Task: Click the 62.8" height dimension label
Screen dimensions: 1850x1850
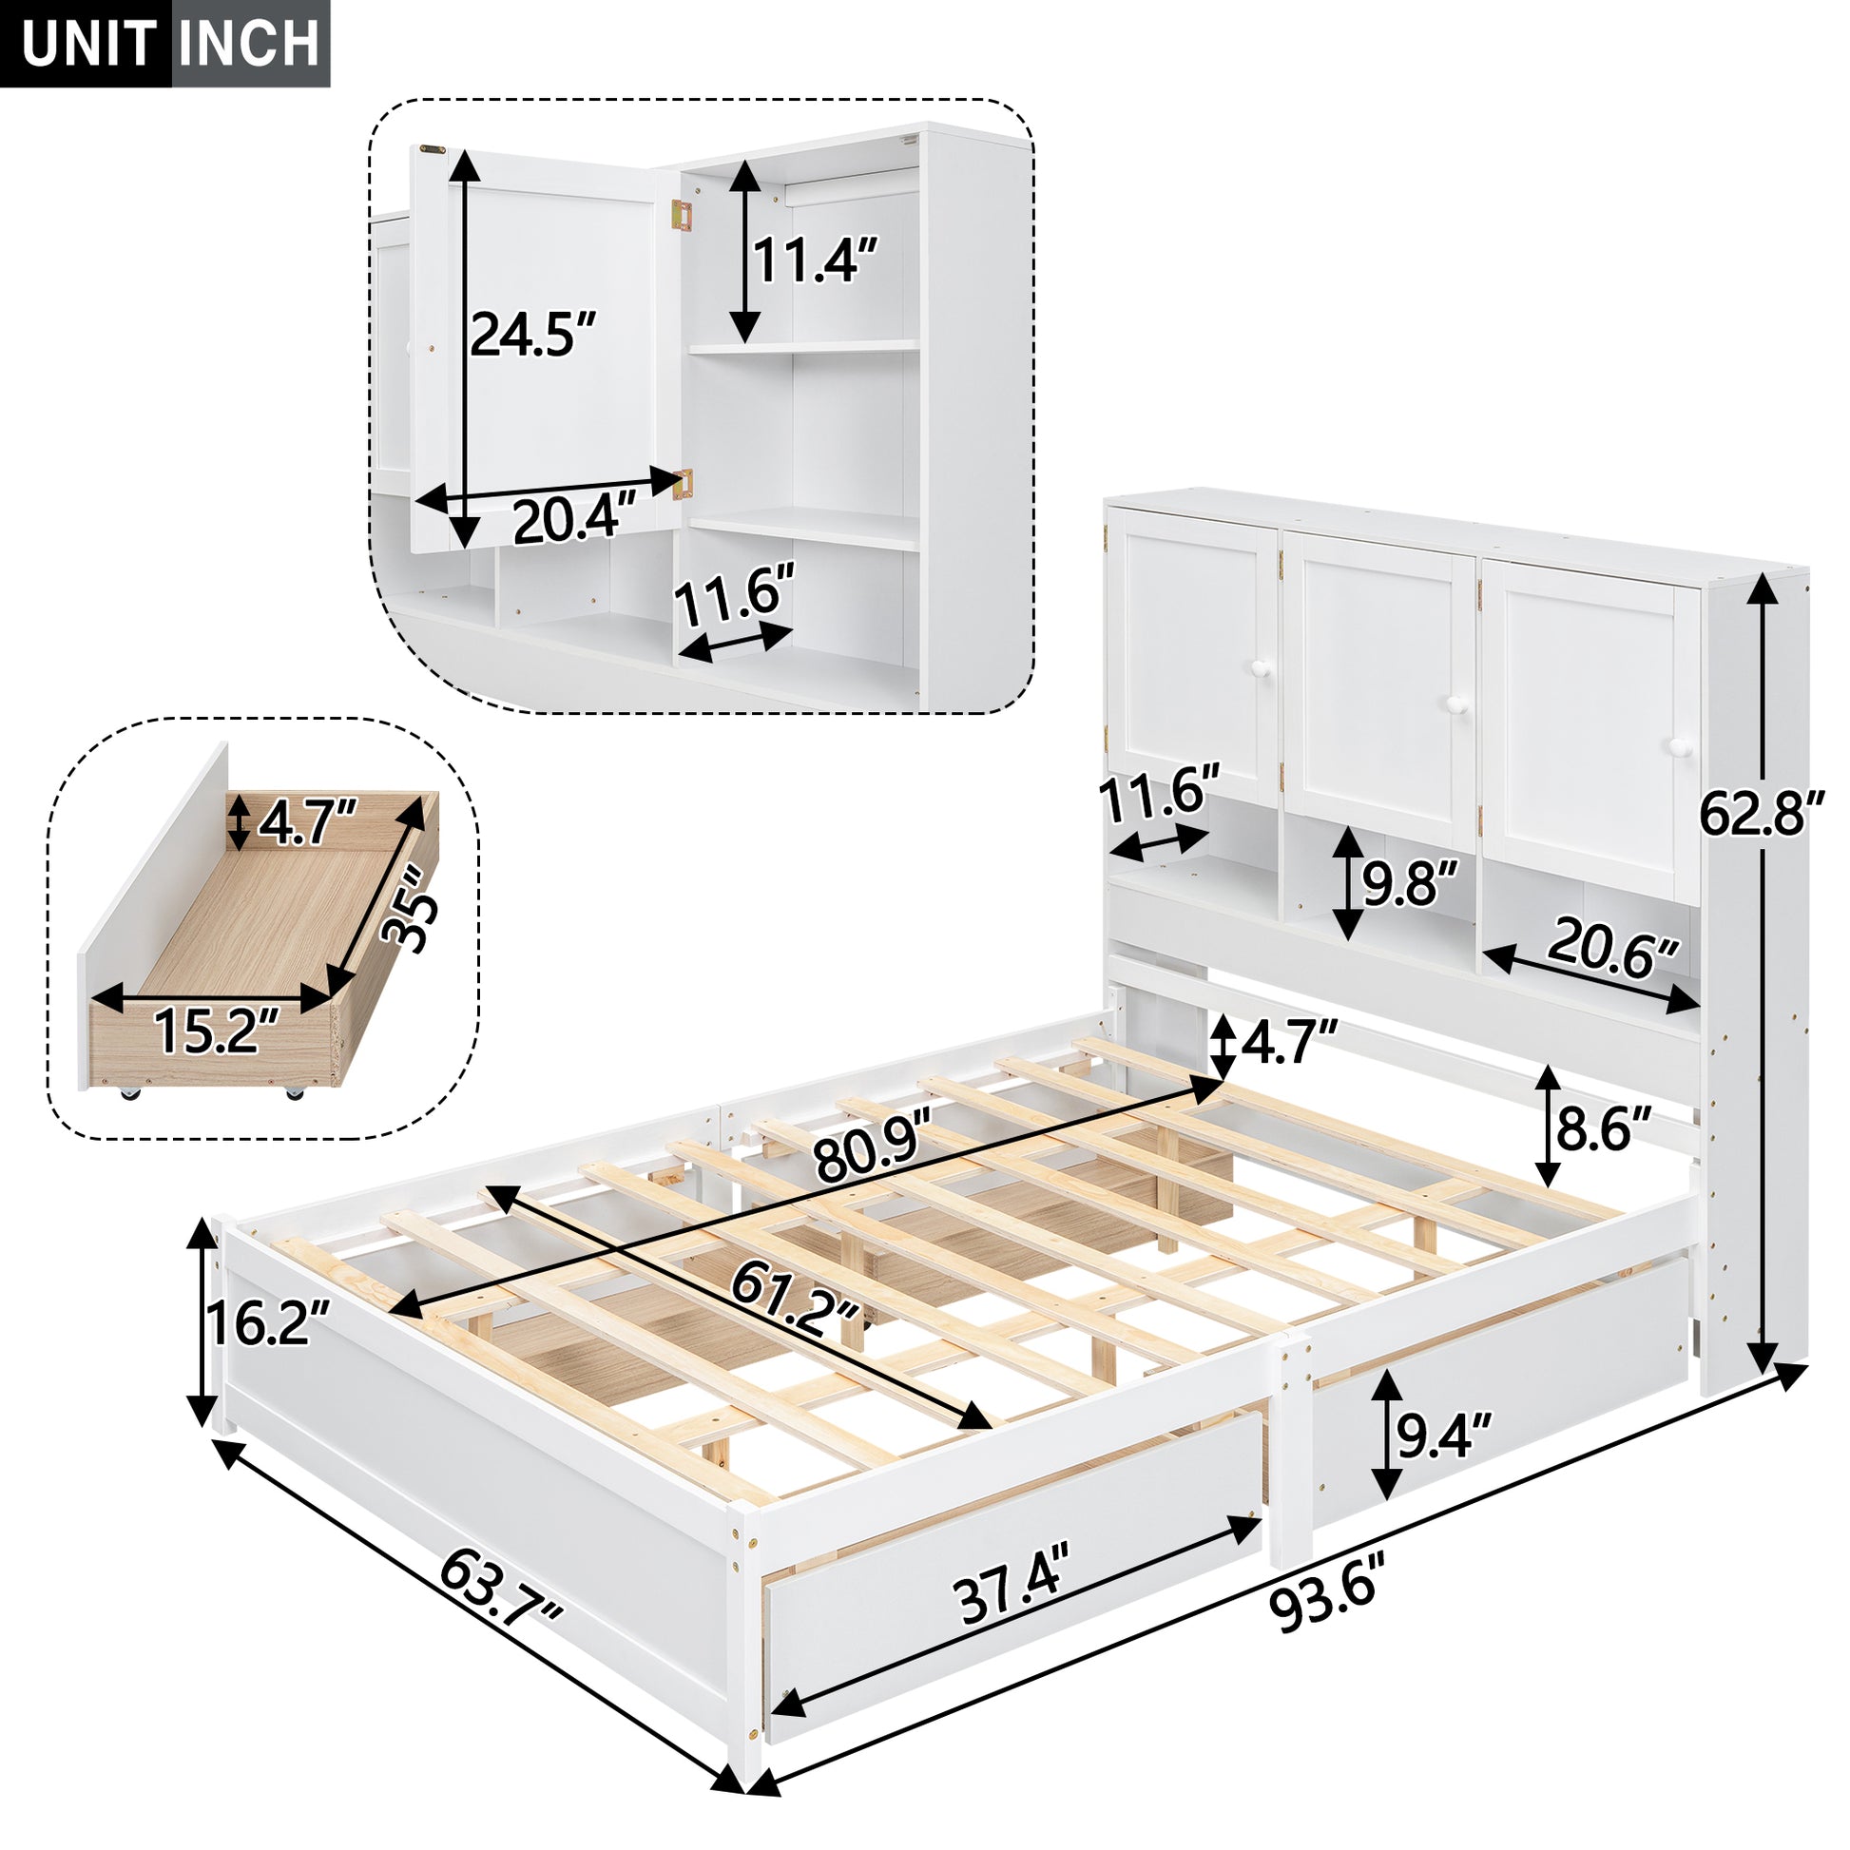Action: coord(1760,815)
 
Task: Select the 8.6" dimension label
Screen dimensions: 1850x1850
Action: coord(1604,1129)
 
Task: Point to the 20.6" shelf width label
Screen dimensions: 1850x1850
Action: coord(1611,949)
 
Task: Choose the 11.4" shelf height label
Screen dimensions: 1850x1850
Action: coord(815,260)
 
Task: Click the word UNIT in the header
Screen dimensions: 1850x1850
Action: coord(88,44)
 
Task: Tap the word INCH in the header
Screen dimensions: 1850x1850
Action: coord(251,44)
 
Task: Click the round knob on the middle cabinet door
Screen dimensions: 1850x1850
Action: coord(1456,704)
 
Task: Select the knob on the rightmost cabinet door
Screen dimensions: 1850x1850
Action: coord(1677,747)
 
